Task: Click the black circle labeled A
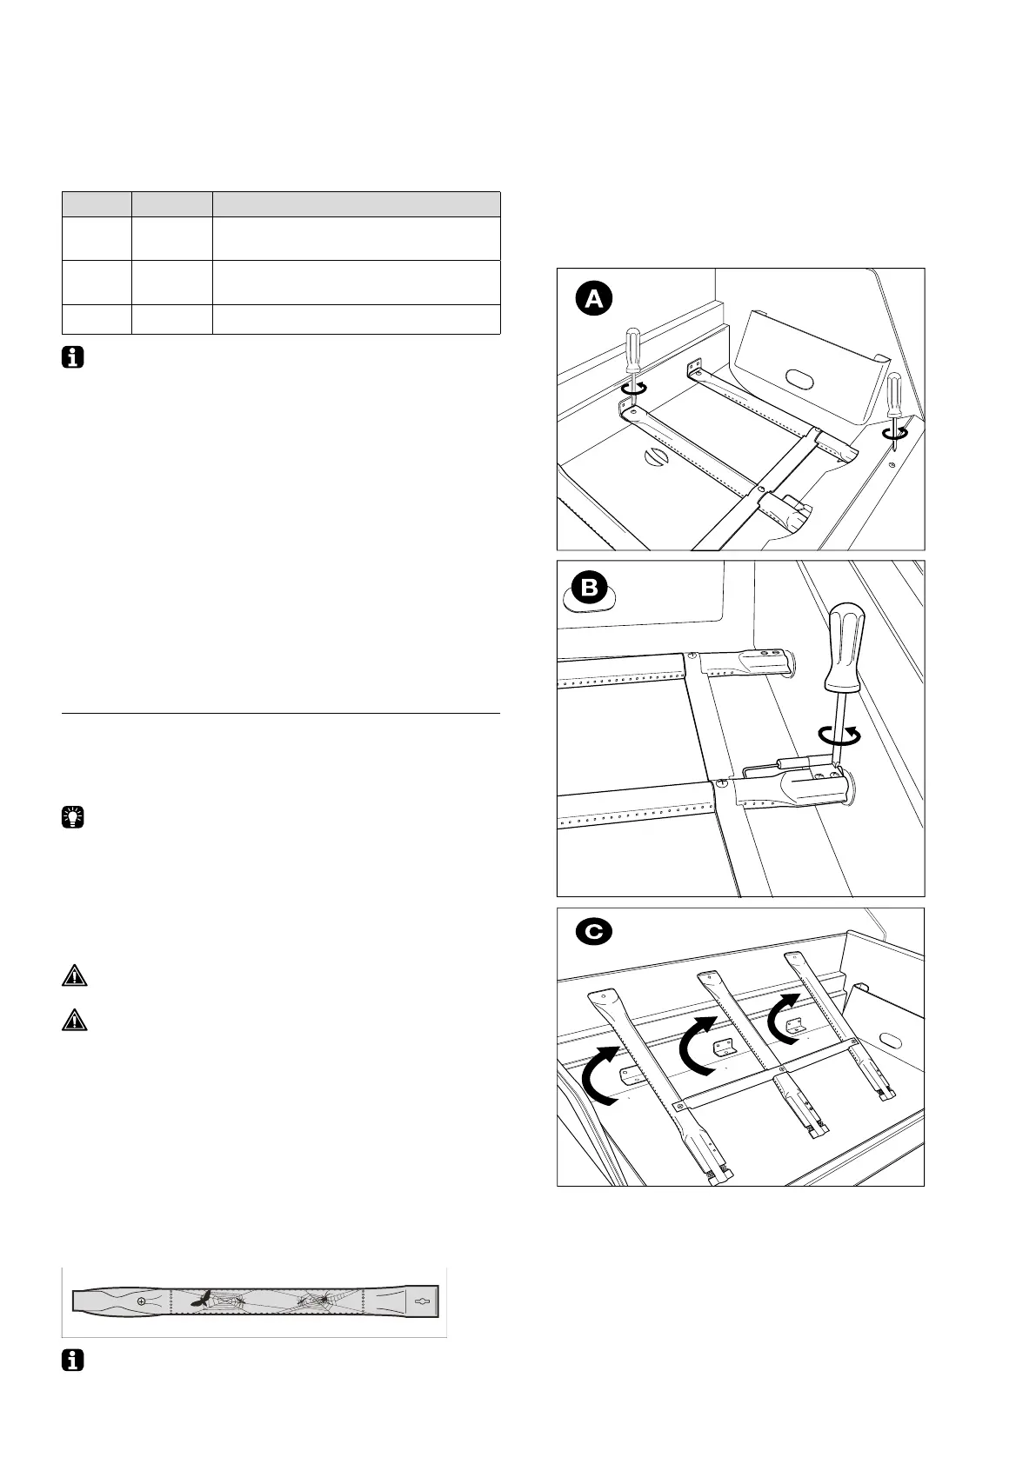pyautogui.click(x=593, y=299)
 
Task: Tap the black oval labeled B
pyautogui.click(x=589, y=588)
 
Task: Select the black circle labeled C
pyautogui.click(x=594, y=932)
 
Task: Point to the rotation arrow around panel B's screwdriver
pyautogui.click(x=840, y=735)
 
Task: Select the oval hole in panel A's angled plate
pyautogui.click(x=799, y=378)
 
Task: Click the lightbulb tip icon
pyautogui.click(x=74, y=817)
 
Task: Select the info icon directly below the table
pyautogui.click(x=74, y=357)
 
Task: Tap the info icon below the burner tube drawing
pyautogui.click(x=74, y=1361)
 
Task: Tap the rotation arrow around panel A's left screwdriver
pyautogui.click(x=634, y=390)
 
